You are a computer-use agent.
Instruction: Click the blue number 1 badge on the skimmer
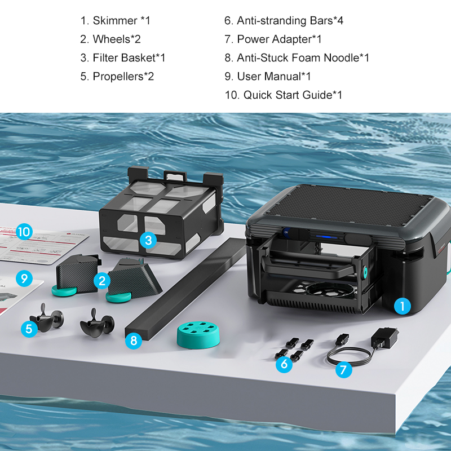tap(401, 306)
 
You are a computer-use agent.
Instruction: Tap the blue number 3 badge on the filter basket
tap(148, 241)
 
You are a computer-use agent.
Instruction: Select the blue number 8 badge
tap(133, 341)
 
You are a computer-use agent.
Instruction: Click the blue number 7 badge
tap(343, 370)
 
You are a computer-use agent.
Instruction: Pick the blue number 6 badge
tap(284, 364)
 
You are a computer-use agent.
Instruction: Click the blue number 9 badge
tap(23, 278)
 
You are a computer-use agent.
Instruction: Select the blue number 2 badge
tap(102, 280)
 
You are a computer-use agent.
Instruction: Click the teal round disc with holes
tap(198, 335)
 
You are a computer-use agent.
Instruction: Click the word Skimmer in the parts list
tap(115, 21)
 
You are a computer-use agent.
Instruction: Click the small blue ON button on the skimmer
tap(285, 232)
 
